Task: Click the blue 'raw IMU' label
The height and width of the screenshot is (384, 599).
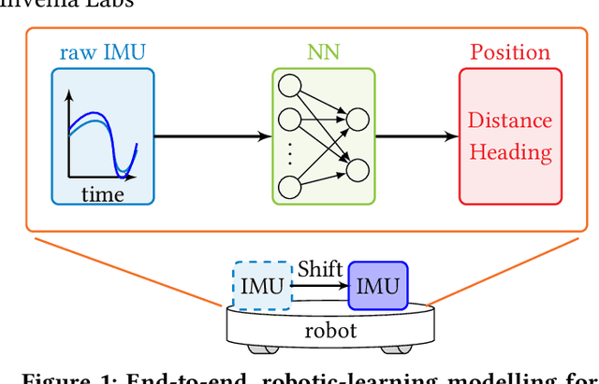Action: pos(102,52)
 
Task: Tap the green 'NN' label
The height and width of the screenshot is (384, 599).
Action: pos(323,52)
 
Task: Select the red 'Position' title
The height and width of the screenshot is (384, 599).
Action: pos(509,52)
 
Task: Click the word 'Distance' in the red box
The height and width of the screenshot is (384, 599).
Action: pos(510,121)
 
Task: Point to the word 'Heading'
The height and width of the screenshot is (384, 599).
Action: pos(510,151)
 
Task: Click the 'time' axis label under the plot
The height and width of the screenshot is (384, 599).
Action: pos(102,194)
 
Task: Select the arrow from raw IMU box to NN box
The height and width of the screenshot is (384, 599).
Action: pos(212,136)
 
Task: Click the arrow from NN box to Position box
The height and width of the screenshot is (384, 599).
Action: pos(416,136)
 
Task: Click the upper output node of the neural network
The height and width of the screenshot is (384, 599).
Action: pos(356,120)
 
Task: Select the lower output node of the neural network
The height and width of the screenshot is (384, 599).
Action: pos(356,168)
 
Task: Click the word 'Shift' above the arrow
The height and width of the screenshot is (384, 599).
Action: pos(319,269)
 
